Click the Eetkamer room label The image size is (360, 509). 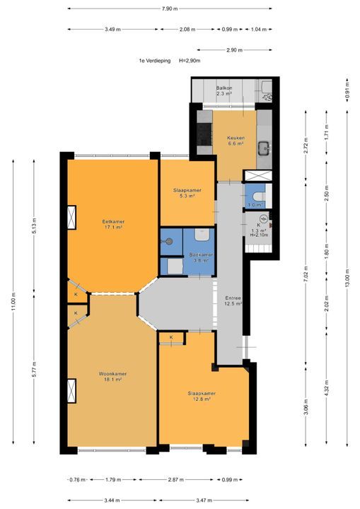point(113,222)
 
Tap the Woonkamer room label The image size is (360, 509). point(112,374)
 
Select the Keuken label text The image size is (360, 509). point(236,138)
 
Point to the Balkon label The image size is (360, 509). point(224,88)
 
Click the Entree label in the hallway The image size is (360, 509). point(233,298)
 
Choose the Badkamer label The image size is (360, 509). point(201,255)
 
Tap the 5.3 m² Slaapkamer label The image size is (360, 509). point(187,193)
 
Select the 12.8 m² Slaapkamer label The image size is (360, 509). point(202,397)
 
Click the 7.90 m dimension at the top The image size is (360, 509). point(170,8)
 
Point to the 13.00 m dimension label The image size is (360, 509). point(347,279)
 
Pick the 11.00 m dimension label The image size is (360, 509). point(13,302)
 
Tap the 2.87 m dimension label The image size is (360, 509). point(176,479)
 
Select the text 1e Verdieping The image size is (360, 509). point(155,60)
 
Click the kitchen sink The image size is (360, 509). point(264,148)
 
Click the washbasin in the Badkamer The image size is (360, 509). point(202,234)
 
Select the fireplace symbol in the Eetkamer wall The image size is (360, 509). point(71,218)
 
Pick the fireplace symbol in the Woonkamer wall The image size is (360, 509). point(71,391)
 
